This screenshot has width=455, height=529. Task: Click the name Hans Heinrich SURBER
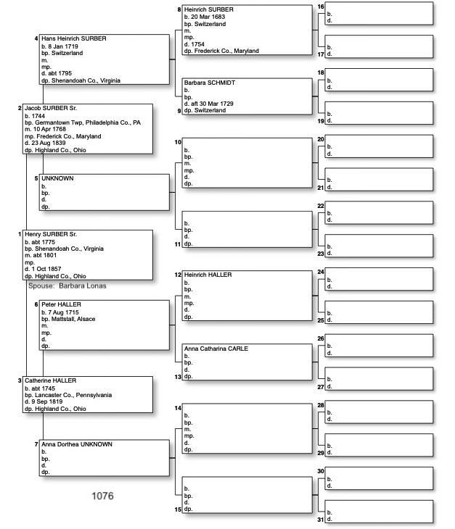click(74, 38)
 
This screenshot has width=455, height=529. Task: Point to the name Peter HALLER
click(61, 304)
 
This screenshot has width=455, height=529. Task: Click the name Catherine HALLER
click(50, 380)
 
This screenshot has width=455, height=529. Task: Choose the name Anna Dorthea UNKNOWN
click(77, 444)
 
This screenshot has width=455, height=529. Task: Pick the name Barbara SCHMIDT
click(210, 83)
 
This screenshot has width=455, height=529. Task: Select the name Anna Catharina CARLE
click(216, 349)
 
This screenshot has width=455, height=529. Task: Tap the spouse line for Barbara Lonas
click(67, 286)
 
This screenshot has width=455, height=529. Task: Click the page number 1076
click(102, 496)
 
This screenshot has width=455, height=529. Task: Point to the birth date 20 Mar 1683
click(209, 17)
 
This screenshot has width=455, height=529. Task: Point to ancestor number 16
click(321, 7)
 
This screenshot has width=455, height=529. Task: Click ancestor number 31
click(321, 520)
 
